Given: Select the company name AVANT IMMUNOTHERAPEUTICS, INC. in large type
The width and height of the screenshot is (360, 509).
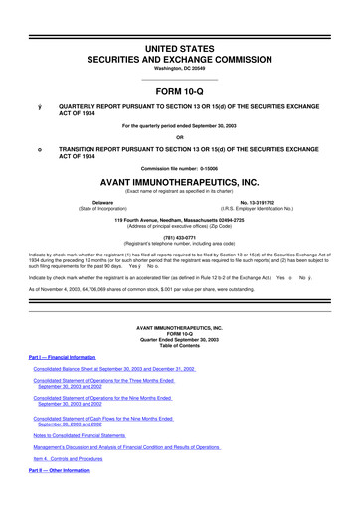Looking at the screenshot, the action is click(180, 184).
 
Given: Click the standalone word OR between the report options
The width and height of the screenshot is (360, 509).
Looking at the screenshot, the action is click(180, 138).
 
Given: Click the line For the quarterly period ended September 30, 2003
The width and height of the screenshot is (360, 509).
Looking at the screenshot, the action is click(180, 126).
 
